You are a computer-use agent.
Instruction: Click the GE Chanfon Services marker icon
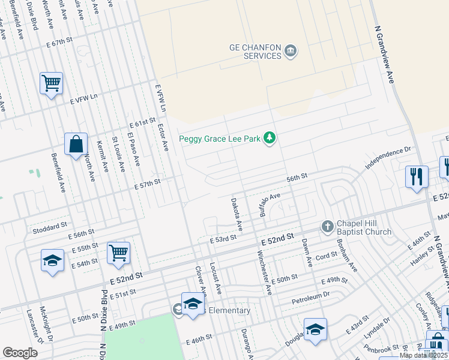click(x=291, y=51)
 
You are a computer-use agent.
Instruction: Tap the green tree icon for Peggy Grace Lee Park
click(x=270, y=139)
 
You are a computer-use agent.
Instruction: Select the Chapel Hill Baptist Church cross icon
click(x=327, y=226)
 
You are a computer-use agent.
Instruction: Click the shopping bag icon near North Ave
click(x=76, y=145)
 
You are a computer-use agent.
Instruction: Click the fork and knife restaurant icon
click(x=417, y=177)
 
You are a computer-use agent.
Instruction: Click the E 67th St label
click(x=66, y=44)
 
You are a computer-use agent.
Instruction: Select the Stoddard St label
click(x=51, y=226)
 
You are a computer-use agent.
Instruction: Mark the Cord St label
click(x=327, y=256)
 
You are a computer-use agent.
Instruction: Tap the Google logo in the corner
click(x=20, y=353)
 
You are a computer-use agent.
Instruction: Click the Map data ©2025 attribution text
click(x=424, y=355)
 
